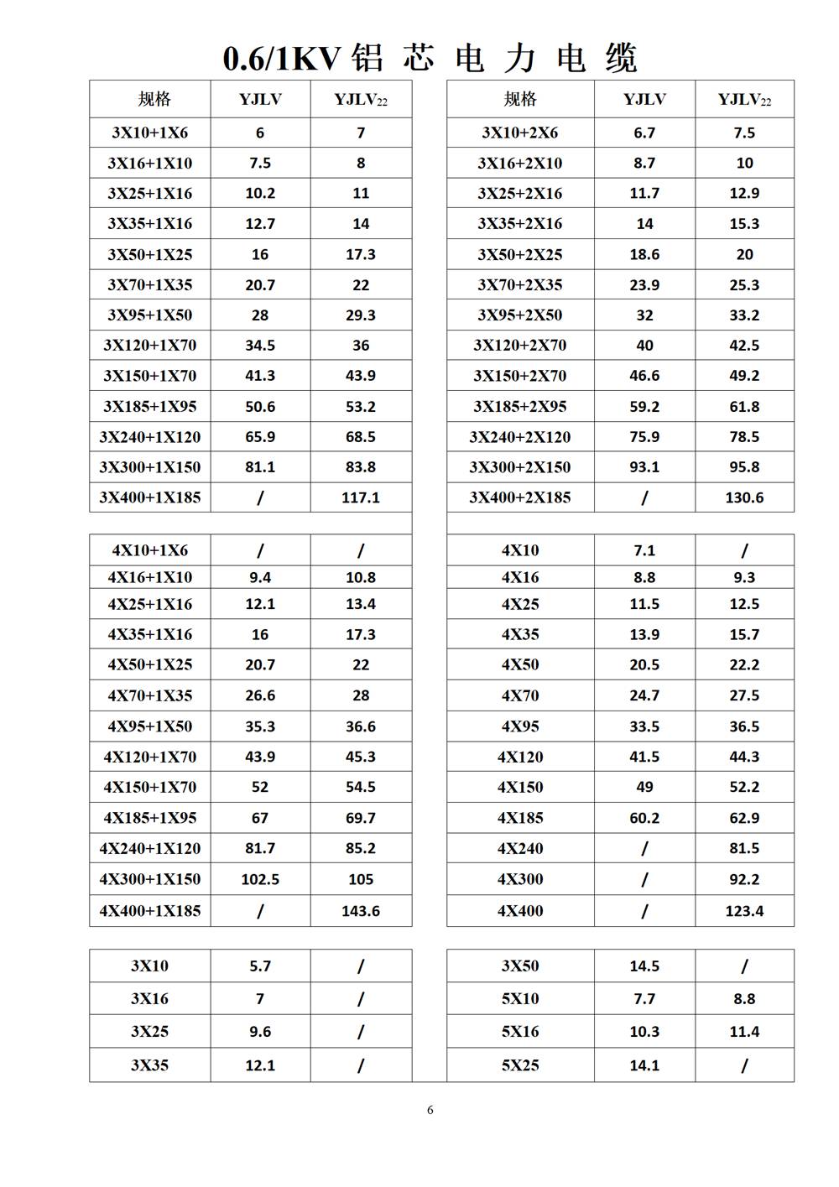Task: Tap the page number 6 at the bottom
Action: coord(430,1110)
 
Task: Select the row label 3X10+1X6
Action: coord(149,133)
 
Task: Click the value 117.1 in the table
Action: coord(361,497)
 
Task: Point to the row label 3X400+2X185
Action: coord(519,497)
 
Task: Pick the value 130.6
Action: coord(744,497)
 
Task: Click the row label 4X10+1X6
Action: coord(149,550)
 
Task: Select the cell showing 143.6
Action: coord(361,911)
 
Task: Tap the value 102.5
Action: coord(260,879)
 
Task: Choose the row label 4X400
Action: coord(520,911)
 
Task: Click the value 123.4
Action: coord(744,911)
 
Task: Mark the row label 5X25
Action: coord(520,1065)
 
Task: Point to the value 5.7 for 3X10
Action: coord(260,966)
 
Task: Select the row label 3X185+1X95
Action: coord(149,407)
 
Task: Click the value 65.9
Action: coord(260,437)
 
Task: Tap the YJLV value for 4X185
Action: coord(644,818)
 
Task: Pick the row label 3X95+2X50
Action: coord(519,315)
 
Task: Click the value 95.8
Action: coord(744,467)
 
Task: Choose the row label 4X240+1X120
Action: coord(149,848)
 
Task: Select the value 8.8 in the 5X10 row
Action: coord(744,999)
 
